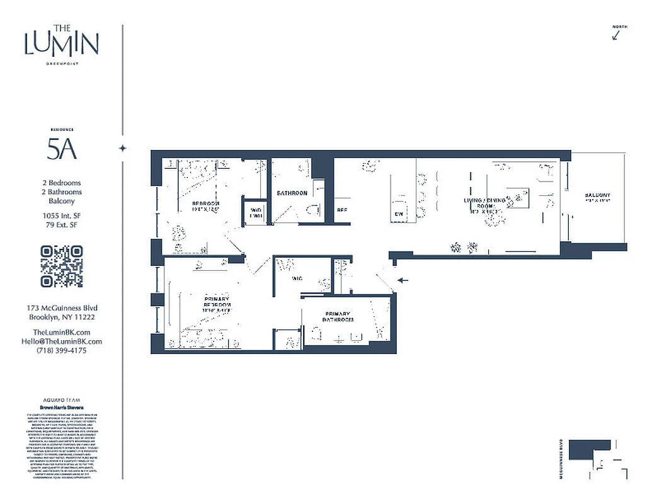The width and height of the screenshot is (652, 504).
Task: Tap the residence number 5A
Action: [61, 149]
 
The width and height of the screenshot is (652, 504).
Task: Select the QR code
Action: [61, 266]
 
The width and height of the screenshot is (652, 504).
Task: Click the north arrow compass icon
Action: [618, 34]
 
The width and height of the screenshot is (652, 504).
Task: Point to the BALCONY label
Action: [597, 195]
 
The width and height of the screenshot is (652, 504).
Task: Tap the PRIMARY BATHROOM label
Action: [338, 317]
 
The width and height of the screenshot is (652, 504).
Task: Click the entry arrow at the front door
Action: [403, 280]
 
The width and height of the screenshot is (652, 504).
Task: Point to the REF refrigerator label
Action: [342, 210]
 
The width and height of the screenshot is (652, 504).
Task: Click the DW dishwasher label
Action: [398, 214]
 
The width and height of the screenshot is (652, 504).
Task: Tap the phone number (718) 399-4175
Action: [61, 350]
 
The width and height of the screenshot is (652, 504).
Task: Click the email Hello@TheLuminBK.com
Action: [61, 341]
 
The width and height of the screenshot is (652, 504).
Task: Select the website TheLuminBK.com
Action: [61, 332]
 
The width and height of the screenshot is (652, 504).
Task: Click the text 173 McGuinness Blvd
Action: [61, 308]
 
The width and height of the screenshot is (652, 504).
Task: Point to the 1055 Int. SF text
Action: [61, 215]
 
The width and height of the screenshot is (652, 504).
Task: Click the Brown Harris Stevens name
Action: [61, 408]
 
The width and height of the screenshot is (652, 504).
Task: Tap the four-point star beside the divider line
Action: [123, 148]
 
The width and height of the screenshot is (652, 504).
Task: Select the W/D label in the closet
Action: [256, 213]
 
